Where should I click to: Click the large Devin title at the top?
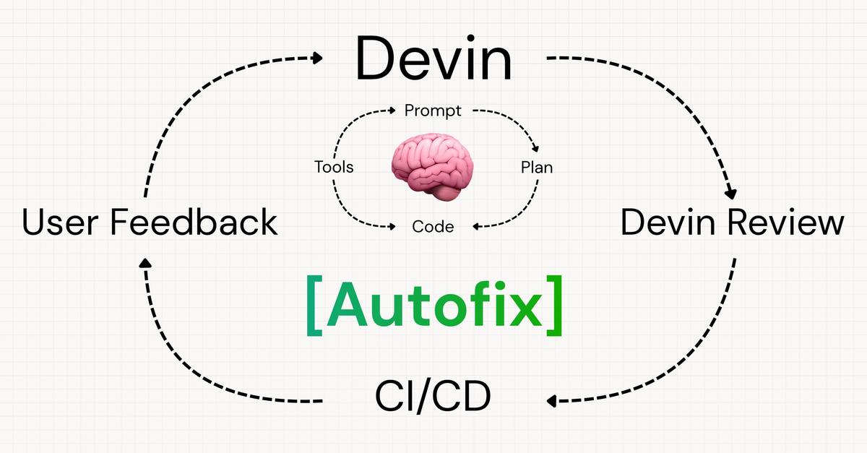tap(434, 58)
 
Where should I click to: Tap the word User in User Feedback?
tap(60, 222)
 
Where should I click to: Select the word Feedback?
tap(194, 222)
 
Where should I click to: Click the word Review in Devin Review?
tap(785, 222)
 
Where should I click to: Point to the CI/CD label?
tap(433, 396)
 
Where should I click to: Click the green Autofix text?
tap(434, 305)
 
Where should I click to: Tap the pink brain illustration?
tap(432, 166)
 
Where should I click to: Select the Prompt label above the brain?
tap(433, 111)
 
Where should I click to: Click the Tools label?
tap(334, 168)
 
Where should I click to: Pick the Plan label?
tap(536, 168)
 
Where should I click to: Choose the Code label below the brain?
tap(433, 227)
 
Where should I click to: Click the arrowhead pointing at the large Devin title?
tap(317, 58)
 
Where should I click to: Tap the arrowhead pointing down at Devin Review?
tap(730, 194)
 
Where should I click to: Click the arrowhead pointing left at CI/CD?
tap(551, 401)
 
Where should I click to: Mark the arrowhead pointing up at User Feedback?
tap(145, 263)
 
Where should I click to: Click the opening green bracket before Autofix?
tap(314, 306)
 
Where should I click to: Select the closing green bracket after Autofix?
tap(554, 306)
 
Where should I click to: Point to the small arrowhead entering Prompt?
tap(392, 111)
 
